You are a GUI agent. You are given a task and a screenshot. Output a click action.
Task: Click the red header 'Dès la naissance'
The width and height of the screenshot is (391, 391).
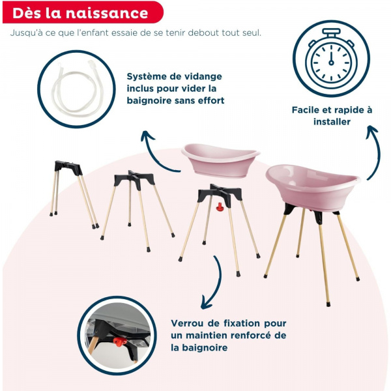(x=80, y=12)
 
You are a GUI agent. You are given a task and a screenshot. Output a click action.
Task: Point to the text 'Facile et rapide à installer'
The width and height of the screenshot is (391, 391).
(x=332, y=116)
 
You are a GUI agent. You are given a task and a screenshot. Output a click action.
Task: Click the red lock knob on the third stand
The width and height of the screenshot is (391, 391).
(x=220, y=209)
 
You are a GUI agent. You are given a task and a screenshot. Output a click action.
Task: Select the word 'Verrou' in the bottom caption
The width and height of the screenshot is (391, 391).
(x=189, y=323)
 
